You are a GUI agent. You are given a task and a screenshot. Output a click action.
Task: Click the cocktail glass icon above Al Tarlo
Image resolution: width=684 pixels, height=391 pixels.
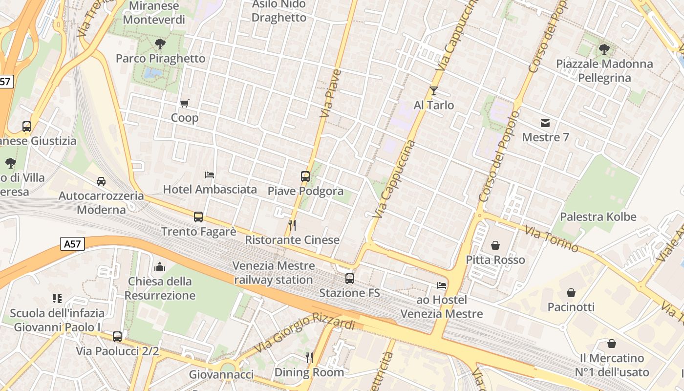[433, 90]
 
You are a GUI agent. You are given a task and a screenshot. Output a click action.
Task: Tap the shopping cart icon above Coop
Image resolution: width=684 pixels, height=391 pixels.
[184, 103]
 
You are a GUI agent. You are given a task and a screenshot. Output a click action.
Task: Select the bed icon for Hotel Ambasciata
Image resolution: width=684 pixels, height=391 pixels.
[210, 174]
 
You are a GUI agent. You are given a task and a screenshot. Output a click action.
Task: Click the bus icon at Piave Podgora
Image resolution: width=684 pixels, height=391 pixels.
[305, 176]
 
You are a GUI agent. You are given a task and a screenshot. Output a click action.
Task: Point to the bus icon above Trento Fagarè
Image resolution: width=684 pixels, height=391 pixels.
[198, 217]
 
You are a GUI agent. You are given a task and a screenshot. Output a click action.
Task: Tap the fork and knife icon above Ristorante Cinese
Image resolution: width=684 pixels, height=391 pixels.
[292, 225]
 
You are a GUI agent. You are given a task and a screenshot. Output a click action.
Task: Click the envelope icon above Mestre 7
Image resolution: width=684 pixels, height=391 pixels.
[545, 123]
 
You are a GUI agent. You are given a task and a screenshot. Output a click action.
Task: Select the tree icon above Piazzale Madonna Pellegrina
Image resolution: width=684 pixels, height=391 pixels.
[604, 49]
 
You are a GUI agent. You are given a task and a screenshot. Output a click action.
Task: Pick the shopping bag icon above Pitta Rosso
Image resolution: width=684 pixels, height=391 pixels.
[495, 245]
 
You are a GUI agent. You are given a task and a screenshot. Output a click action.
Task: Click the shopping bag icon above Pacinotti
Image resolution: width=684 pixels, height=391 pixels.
[571, 292]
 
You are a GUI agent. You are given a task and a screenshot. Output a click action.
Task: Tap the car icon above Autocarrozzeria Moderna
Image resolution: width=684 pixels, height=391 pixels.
[101, 181]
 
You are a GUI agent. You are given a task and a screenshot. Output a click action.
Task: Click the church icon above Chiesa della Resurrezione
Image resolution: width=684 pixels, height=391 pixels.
[160, 267]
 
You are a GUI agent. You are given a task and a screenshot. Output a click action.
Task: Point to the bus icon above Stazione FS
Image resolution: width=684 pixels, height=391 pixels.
[349, 278]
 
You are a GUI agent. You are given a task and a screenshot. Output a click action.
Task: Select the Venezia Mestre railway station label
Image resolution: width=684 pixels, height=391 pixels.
[274, 273]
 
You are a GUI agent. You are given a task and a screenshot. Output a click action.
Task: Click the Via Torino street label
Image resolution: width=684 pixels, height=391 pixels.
[552, 239]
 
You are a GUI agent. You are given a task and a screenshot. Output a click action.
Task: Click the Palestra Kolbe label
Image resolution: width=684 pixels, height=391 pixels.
[598, 217]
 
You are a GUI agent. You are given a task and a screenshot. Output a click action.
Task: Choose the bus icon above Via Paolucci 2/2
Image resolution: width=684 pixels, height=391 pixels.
[117, 336]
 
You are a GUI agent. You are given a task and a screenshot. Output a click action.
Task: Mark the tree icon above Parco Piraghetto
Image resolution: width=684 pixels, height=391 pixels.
[160, 44]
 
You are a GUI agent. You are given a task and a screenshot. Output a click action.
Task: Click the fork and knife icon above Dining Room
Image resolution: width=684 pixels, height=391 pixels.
[309, 357]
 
